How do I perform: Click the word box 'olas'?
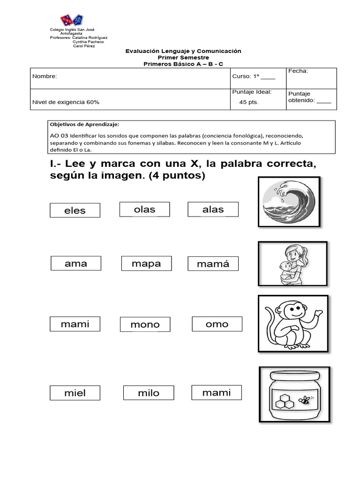click(144, 210)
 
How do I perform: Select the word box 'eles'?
click(75, 210)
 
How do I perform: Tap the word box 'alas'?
click(213, 210)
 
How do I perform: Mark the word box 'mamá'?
click(213, 264)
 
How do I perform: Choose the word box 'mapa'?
click(146, 263)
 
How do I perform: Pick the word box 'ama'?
click(75, 263)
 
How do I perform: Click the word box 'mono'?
click(145, 324)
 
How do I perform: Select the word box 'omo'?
click(217, 324)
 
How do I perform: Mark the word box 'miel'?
click(75, 393)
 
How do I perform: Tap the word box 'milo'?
click(149, 393)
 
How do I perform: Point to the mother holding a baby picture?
click(292, 263)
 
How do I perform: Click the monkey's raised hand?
click(318, 313)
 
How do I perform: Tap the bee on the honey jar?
click(306, 400)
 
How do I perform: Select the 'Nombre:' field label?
click(45, 76)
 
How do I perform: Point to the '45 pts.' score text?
click(248, 102)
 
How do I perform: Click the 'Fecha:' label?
click(298, 71)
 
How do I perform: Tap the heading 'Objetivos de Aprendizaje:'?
click(84, 125)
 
